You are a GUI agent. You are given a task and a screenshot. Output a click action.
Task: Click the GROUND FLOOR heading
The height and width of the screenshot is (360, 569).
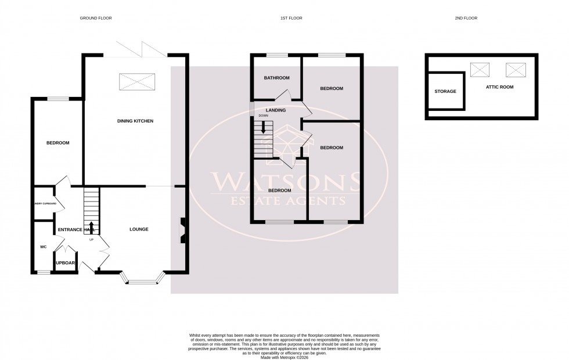point(96,19)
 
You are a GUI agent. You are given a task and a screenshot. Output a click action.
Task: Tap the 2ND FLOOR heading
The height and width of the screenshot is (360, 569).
point(466,19)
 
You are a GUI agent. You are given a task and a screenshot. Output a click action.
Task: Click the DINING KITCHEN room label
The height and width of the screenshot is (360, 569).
point(135,121)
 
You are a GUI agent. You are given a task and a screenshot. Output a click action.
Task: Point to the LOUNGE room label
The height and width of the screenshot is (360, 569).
point(139,229)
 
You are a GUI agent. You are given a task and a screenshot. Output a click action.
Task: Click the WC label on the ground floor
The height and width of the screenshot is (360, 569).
point(44,247)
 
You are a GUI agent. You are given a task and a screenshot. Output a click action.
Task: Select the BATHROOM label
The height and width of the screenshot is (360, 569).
point(276,78)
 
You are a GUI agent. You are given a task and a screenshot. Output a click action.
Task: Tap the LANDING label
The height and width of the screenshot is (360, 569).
point(275,110)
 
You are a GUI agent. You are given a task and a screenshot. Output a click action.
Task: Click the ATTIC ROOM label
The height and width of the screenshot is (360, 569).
point(499,87)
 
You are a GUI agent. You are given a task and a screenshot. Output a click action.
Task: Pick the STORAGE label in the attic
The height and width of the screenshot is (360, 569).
point(445,91)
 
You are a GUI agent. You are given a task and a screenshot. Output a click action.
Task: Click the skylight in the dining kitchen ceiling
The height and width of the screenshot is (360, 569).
point(137,82)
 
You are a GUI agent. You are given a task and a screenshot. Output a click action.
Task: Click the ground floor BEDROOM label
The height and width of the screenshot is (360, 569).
point(58,143)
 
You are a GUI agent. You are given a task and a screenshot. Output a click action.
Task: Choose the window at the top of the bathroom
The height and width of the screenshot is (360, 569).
point(276,56)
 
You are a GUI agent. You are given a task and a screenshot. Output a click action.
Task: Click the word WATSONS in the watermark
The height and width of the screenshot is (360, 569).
point(284,183)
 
